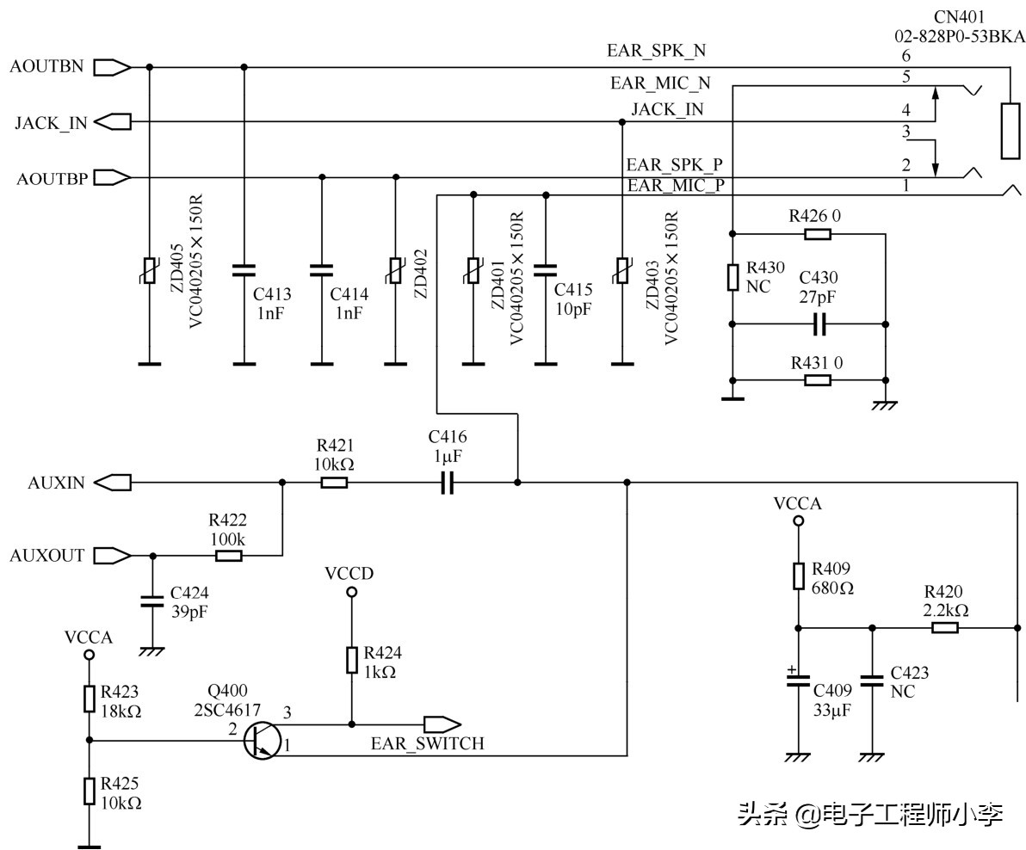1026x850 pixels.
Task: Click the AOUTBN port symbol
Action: click(112, 66)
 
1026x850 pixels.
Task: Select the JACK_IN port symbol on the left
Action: click(112, 122)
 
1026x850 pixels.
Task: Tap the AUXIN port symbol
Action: click(112, 483)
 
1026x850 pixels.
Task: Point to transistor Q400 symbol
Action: click(258, 741)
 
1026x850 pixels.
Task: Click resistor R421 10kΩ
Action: click(334, 483)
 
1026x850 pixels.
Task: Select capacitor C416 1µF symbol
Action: click(447, 483)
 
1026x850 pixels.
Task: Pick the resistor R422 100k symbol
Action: click(228, 556)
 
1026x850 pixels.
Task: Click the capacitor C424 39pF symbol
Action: click(152, 600)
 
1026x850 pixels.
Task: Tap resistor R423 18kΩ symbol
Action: click(89, 699)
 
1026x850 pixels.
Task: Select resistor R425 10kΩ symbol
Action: click(89, 791)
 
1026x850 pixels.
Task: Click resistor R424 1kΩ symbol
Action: click(351, 660)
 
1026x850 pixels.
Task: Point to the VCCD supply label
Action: click(349, 573)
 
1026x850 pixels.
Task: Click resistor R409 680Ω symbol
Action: click(798, 576)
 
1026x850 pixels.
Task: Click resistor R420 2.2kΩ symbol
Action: click(944, 627)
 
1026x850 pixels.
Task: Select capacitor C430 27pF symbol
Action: click(819, 324)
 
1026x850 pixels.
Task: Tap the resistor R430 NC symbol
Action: click(732, 277)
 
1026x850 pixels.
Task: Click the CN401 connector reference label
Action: click(960, 17)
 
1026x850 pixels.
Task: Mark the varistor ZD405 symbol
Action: click(150, 270)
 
